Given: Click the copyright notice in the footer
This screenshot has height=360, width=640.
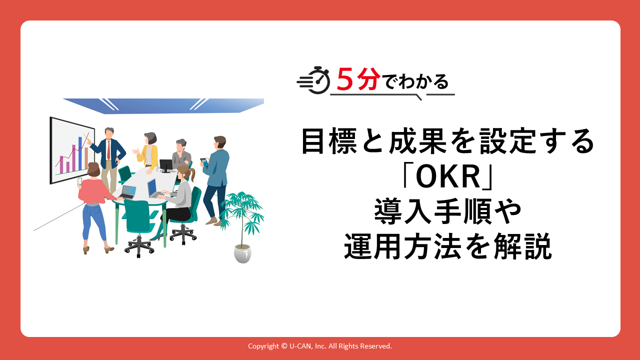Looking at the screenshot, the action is pos(319,346).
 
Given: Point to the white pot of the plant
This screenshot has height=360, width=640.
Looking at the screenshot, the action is pos(242,253).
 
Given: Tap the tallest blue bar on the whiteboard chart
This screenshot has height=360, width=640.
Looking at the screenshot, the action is pos(80,153).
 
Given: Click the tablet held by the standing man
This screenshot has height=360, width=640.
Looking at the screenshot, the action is pos(204,161).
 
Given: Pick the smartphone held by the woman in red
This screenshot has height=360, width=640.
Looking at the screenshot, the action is pos(79,181).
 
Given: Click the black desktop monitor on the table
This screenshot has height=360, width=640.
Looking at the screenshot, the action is pos(165,165).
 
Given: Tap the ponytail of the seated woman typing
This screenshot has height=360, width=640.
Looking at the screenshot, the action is pos(192,174).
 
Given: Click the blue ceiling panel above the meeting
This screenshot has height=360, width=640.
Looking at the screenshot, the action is pos(163,105).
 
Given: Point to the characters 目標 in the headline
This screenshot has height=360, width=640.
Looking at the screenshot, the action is pos(329,141).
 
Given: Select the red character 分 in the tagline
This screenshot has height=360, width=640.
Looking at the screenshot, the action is pos(366,79).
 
